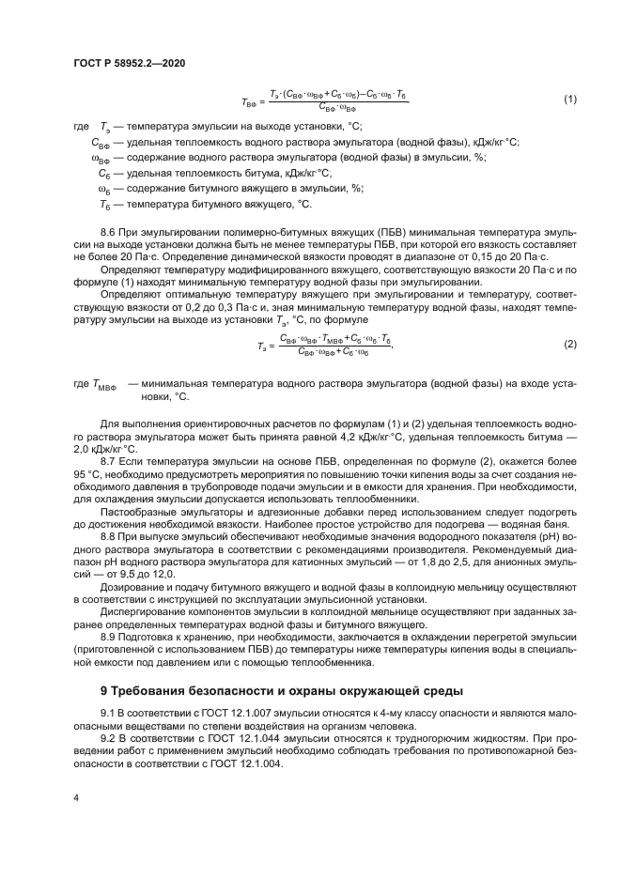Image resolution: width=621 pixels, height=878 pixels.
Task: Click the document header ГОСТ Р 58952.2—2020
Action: (129, 62)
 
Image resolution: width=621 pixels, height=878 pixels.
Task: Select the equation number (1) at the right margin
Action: (569, 99)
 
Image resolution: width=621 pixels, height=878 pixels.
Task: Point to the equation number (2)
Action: (569, 344)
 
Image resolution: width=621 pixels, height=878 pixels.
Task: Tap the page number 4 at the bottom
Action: (75, 796)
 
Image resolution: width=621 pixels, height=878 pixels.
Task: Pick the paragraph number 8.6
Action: (110, 230)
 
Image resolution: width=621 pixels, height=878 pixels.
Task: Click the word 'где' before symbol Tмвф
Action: (82, 384)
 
